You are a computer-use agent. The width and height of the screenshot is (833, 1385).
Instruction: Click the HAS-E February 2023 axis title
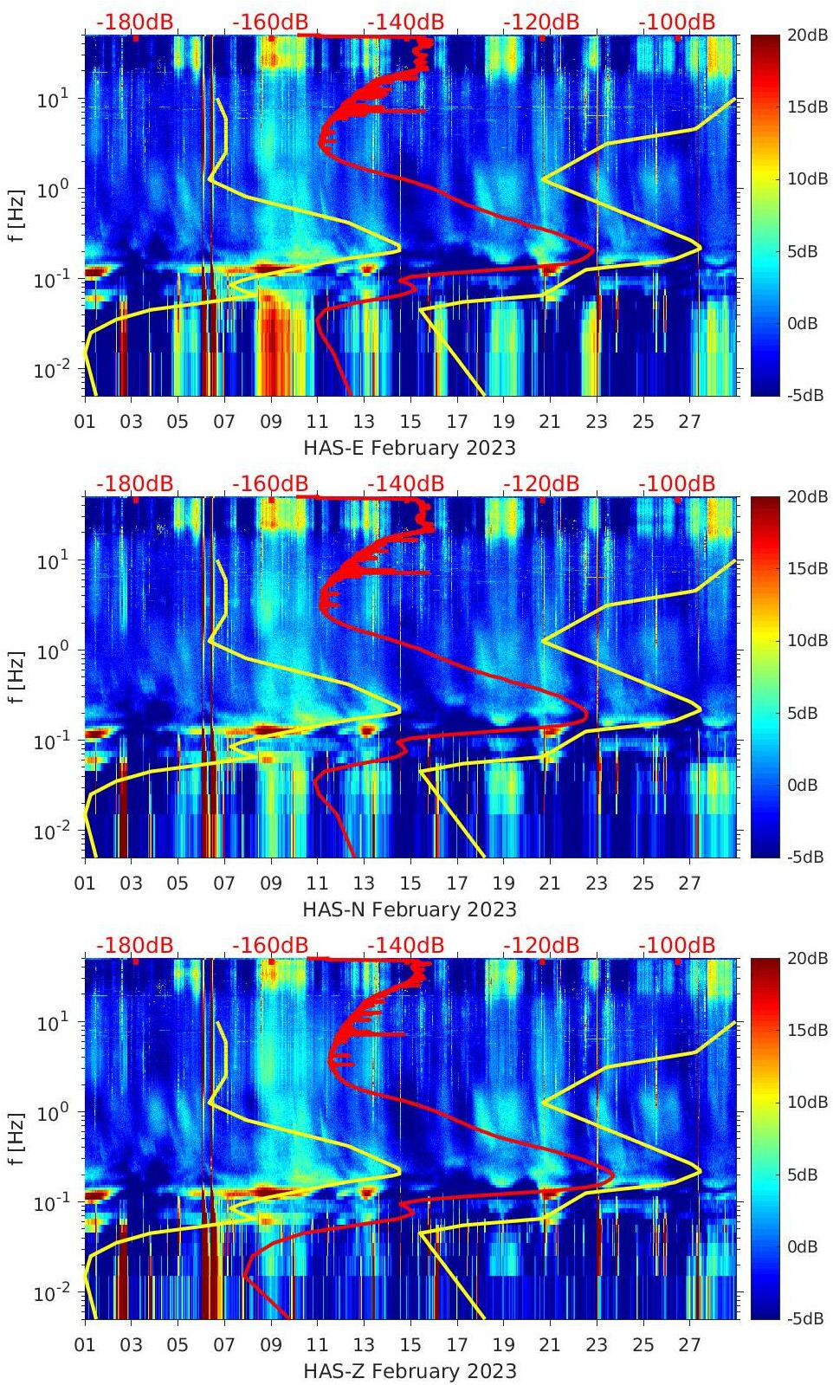(410, 449)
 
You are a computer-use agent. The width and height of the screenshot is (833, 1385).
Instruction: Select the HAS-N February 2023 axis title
(410, 910)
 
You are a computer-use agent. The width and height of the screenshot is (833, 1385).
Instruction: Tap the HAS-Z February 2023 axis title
(410, 1372)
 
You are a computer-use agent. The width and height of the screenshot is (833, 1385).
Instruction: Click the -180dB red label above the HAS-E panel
(134, 22)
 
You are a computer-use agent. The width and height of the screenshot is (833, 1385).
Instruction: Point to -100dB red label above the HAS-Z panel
(677, 945)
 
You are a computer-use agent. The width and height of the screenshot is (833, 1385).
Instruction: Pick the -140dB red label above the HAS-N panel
(405, 483)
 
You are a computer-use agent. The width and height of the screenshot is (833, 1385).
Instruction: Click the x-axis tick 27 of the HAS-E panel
(689, 423)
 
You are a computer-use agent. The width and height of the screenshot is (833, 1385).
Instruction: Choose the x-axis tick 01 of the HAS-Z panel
(85, 1346)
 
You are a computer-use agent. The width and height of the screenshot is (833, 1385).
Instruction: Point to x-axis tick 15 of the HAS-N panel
(410, 884)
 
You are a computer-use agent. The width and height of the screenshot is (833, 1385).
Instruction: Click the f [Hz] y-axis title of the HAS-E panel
(18, 216)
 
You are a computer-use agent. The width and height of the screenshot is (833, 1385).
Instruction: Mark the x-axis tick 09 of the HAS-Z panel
(271, 1346)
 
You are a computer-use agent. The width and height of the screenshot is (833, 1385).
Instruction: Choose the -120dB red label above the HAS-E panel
(541, 22)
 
